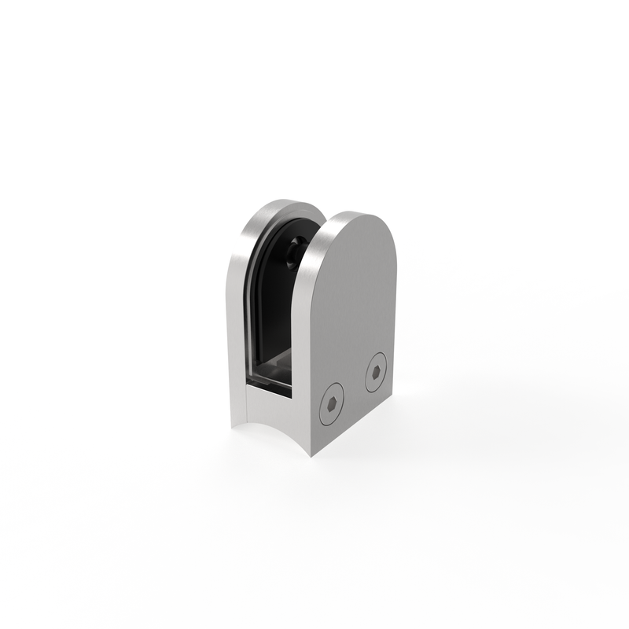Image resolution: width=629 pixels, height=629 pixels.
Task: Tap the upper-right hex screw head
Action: [x=377, y=373]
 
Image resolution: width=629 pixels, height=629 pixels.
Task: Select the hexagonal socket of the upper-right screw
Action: [x=377, y=373]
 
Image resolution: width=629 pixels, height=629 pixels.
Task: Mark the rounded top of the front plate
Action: [x=358, y=224]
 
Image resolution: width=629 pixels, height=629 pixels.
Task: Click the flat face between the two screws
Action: [x=355, y=388]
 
